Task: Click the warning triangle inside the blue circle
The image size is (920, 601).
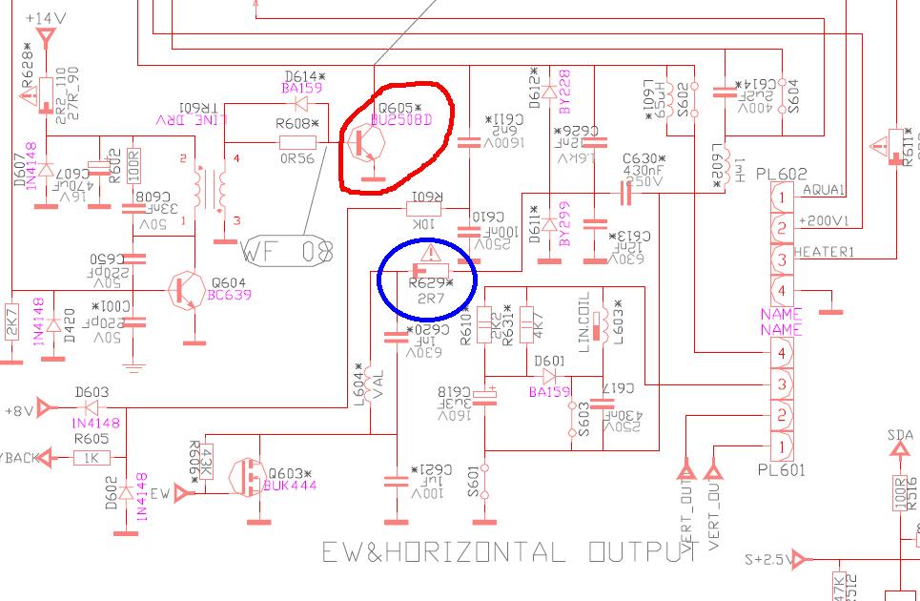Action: pyautogui.click(x=430, y=253)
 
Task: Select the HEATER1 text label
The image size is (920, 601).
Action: pyautogui.click(x=826, y=252)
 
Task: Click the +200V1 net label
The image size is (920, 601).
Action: pyautogui.click(x=826, y=220)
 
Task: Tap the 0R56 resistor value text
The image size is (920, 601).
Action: pyautogui.click(x=298, y=159)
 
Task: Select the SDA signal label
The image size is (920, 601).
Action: pyautogui.click(x=899, y=435)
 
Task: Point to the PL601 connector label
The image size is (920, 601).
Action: pyautogui.click(x=783, y=469)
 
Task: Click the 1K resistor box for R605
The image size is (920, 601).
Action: pyautogui.click(x=91, y=458)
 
